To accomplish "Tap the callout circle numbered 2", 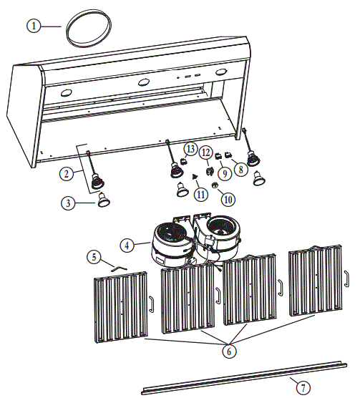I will click(x=66, y=173).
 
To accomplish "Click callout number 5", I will click(x=93, y=256).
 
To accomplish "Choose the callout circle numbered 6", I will click(x=228, y=352).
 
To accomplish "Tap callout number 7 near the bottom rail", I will click(x=303, y=387).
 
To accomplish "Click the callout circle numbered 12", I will click(x=205, y=152).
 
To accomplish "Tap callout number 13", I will click(x=190, y=148).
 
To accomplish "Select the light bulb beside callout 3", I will click(x=104, y=199).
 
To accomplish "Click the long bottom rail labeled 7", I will click(x=243, y=377).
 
